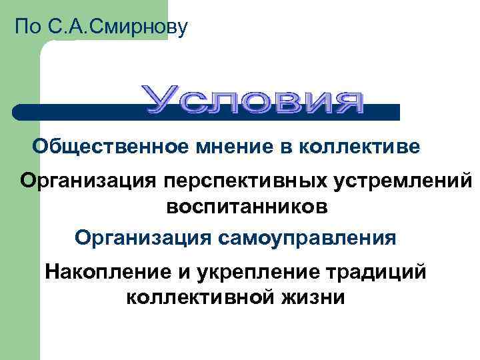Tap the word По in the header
(x=28, y=27)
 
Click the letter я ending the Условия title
(x=350, y=101)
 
